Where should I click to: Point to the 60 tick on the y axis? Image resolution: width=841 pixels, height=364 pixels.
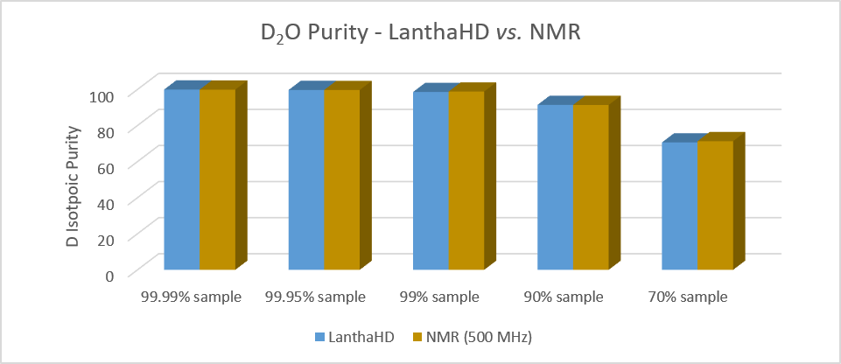108,166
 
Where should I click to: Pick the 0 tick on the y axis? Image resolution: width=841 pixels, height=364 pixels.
111,275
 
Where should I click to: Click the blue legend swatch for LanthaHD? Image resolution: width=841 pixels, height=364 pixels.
319,337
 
